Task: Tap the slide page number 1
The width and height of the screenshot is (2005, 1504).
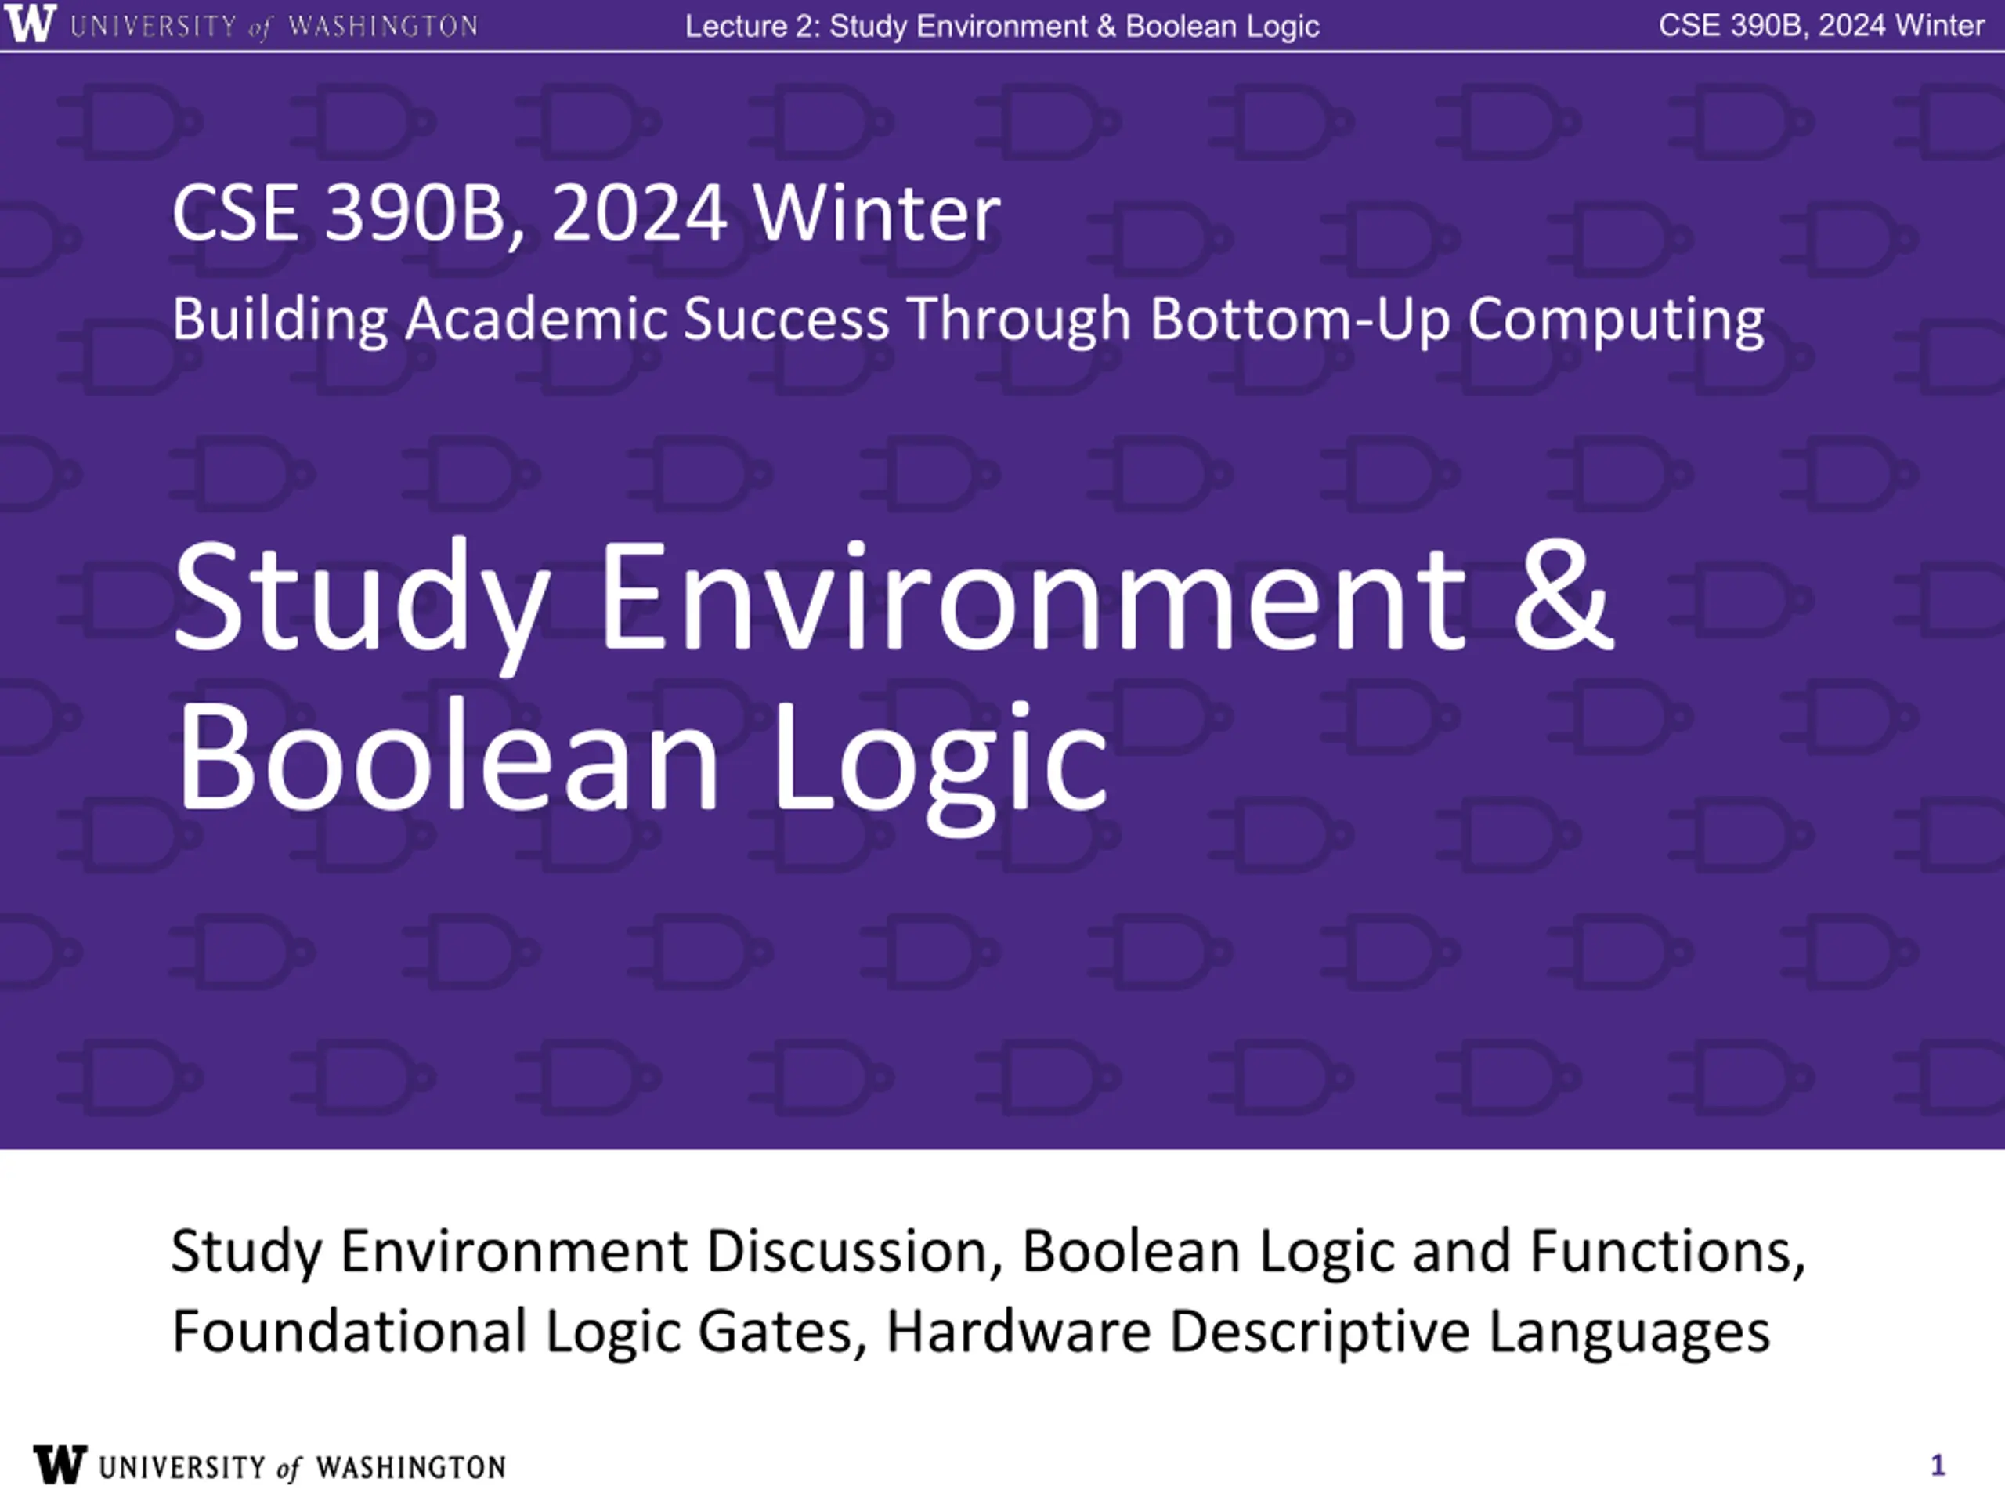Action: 1938,1466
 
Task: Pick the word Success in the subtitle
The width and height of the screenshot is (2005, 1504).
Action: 786,320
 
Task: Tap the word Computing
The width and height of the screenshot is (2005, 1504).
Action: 1617,321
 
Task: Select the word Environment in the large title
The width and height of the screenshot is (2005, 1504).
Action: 1032,597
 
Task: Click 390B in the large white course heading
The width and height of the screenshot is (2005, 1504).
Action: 414,213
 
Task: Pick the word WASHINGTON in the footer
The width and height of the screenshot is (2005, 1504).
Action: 410,1468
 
